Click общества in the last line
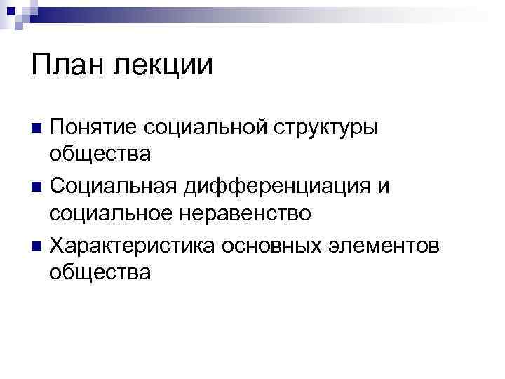click(100, 272)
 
